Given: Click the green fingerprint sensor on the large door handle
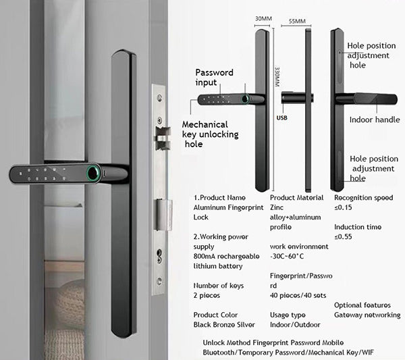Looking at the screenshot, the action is (x=92, y=173).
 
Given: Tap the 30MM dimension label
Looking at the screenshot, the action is (x=263, y=19).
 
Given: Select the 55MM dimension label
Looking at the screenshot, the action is (x=297, y=21).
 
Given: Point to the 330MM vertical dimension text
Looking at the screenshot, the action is (x=277, y=77).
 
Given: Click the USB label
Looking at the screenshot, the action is (x=281, y=118).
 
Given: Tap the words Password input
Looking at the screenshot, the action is (x=214, y=77).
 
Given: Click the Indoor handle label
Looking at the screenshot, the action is (x=375, y=120).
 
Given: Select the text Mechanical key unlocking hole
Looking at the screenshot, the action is (x=210, y=134).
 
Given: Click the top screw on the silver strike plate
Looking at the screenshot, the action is (x=159, y=98).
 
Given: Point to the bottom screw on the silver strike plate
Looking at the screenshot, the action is (x=159, y=281).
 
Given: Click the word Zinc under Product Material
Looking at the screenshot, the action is (x=277, y=207).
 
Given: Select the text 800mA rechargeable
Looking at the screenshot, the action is (x=226, y=257).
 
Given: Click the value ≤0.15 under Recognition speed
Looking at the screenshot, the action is (x=343, y=207).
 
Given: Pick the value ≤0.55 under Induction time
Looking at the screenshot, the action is (x=343, y=236).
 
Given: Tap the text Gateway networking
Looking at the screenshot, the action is (x=367, y=315).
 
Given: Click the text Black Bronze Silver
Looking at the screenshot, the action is (x=224, y=325).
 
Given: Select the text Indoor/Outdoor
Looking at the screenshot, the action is (x=295, y=325).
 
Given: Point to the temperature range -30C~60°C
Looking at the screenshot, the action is (x=287, y=257).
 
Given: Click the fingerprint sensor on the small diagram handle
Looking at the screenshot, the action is (x=244, y=99).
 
